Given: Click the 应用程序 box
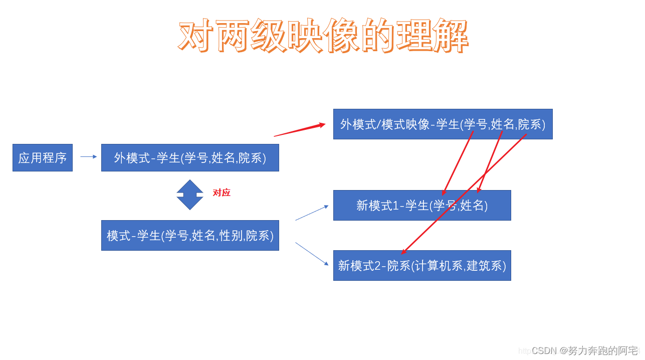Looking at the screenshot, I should tap(43, 158).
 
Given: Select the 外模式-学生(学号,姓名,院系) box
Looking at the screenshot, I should tap(190, 158).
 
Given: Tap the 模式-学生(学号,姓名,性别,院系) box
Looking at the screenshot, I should tap(190, 235).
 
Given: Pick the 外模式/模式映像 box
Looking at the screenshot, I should tap(443, 124).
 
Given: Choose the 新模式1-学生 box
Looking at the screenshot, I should tap(422, 205).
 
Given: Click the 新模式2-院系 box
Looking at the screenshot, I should tap(422, 265).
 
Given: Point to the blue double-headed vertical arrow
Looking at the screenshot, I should tap(190, 195).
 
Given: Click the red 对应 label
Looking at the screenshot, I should tap(222, 193).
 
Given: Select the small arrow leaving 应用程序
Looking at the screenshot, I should tap(88, 157).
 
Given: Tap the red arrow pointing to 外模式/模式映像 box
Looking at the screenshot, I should tap(299, 130).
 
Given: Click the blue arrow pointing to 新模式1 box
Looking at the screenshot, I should tap(312, 213).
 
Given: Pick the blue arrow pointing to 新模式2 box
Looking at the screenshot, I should tap(312, 254).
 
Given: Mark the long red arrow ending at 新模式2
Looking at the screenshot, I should tap(464, 194).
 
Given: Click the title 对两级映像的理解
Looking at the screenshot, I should tap(323, 36).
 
